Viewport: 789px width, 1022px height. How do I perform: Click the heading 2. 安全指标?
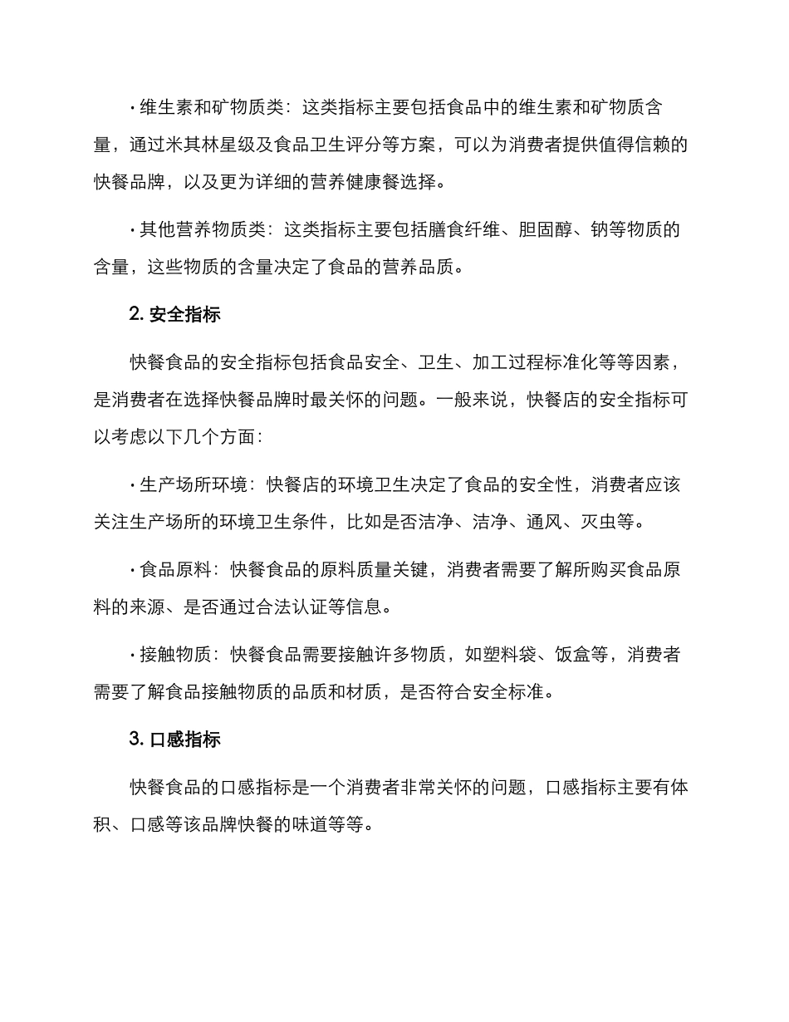click(174, 316)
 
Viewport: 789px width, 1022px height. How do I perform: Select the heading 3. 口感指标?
click(174, 739)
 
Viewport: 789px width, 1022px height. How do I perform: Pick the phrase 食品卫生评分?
click(356, 145)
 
